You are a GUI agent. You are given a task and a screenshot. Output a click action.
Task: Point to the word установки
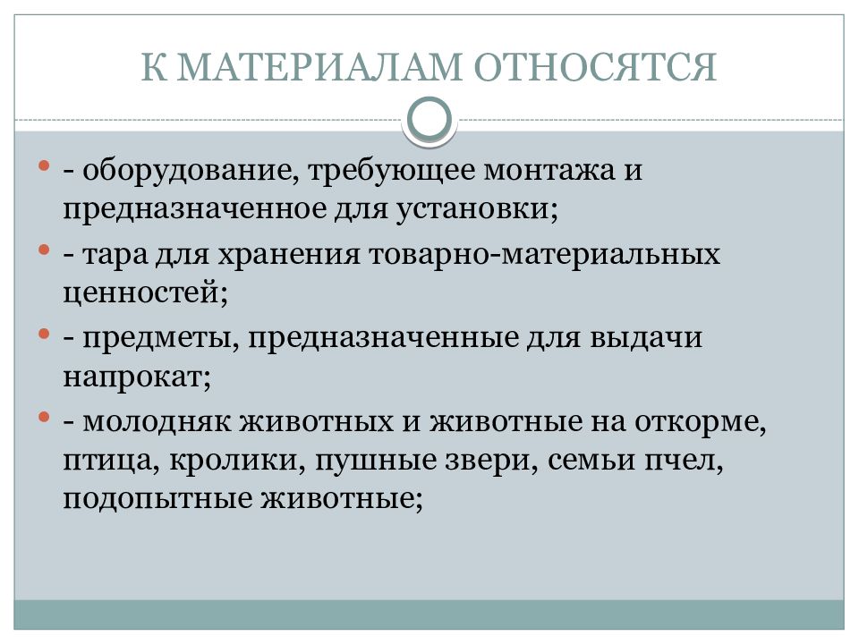(x=481, y=211)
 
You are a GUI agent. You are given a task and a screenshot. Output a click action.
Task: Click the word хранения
(x=288, y=255)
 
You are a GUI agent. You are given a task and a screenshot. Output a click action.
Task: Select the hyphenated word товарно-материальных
(x=543, y=255)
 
